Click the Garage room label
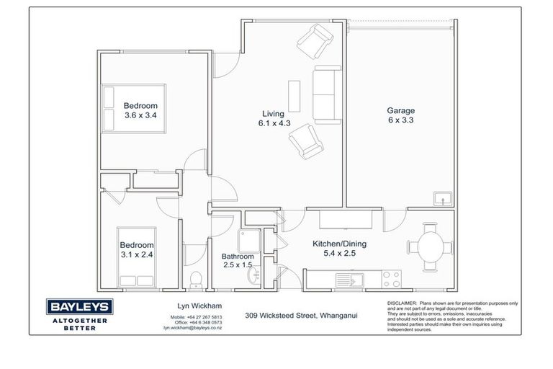point(400,115)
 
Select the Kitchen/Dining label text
point(334,249)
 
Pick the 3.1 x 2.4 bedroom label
point(136,249)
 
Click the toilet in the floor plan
point(194,279)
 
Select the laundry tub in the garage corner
point(441,197)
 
